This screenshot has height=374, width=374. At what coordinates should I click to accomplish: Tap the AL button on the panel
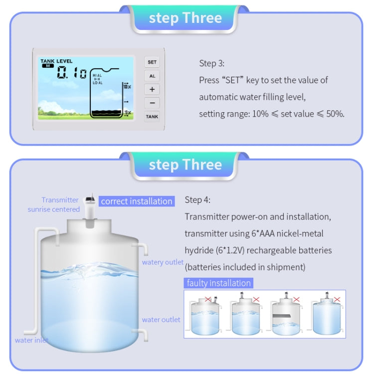click(152, 76)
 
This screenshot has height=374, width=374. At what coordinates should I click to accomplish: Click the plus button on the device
click(152, 90)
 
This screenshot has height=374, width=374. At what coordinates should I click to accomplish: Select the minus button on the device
click(152, 103)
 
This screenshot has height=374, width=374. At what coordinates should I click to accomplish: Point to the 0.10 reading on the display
click(72, 73)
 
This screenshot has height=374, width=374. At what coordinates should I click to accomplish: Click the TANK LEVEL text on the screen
click(56, 61)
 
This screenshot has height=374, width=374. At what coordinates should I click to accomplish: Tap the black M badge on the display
click(48, 66)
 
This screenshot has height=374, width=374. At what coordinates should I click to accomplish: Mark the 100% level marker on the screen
click(127, 87)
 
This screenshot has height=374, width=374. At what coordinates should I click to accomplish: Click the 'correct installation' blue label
click(136, 201)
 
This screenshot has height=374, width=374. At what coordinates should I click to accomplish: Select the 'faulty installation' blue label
click(218, 283)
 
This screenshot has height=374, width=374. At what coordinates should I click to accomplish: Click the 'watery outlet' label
click(163, 262)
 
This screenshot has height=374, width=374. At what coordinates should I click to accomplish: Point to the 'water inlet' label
click(31, 341)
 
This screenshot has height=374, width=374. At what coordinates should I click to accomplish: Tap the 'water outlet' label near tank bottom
click(161, 320)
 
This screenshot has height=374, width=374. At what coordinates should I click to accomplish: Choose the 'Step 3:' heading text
click(212, 63)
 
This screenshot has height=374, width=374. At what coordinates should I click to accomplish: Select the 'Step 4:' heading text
click(197, 200)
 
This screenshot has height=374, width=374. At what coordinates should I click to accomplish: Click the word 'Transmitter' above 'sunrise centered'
click(60, 200)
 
